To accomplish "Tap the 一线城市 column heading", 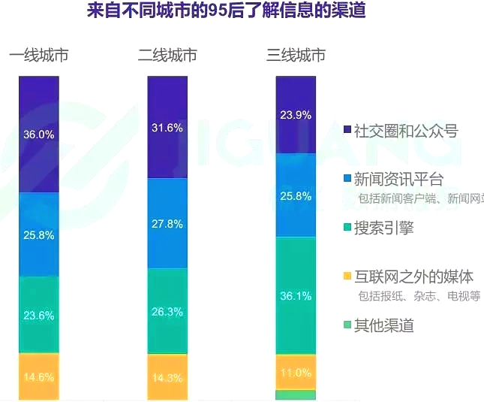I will tap(38, 56).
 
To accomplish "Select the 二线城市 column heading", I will tap(167, 56).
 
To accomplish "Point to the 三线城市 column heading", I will tap(296, 56).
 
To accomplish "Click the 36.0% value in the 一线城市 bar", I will tap(39, 135).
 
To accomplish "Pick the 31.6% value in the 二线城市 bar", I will tap(167, 128).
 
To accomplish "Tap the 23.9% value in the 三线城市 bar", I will tap(296, 116).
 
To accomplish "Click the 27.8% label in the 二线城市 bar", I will tap(167, 224).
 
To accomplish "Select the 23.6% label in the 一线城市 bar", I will tap(39, 316).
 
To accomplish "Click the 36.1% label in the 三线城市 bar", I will tap(296, 296).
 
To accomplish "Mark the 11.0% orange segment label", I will tap(296, 373).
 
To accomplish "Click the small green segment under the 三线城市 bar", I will tap(296, 394).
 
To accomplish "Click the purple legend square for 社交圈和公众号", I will tap(347, 131).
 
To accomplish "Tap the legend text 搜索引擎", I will tap(383, 228).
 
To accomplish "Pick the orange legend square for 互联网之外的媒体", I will tap(347, 277).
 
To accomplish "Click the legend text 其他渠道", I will tap(383, 325).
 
